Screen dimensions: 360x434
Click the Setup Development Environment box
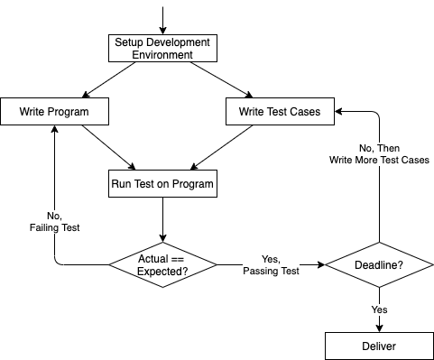[x=162, y=48]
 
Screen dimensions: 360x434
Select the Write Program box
[x=55, y=112]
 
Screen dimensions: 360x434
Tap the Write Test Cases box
[x=279, y=112]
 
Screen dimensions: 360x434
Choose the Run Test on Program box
[x=162, y=184]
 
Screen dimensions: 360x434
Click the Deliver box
[x=379, y=345]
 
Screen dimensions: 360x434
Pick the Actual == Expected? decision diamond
[x=163, y=264]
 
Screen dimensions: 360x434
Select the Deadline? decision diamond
[x=379, y=265]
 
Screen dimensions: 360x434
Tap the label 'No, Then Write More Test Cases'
[x=378, y=154]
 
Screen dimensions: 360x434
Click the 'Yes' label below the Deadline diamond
[x=379, y=309]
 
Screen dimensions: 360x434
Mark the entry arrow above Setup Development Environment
[x=162, y=18]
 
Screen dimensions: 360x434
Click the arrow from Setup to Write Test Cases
[x=221, y=79]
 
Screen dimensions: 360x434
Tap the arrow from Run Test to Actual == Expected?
[x=162, y=220]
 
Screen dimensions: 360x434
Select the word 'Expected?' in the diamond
[x=163, y=272]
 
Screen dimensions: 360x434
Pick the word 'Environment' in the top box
[x=162, y=54]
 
